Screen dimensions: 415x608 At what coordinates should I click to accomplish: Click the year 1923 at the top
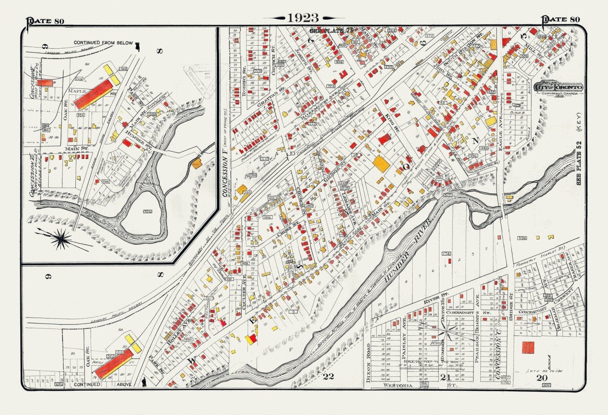[x=303, y=18]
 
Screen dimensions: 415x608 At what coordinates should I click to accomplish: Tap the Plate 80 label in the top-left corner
[x=46, y=21]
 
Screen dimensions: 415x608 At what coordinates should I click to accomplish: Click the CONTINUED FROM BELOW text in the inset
[x=103, y=43]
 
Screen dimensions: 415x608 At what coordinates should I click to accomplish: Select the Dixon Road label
[x=368, y=363]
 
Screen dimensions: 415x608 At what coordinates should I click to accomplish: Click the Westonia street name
[x=398, y=385]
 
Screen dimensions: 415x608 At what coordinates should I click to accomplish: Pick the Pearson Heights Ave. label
[x=477, y=337]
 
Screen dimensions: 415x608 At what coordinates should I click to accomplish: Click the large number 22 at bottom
[x=328, y=376]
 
